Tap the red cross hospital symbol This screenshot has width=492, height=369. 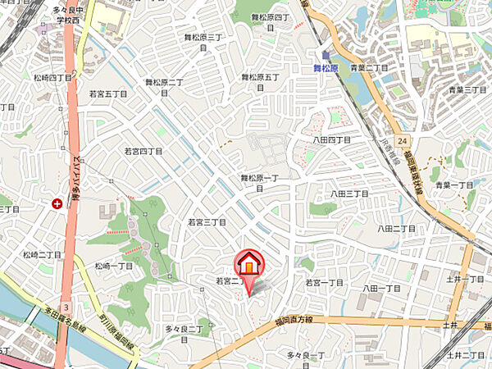tap(57, 203)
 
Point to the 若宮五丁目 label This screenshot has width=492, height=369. tap(109, 94)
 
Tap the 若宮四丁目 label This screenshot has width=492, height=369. tap(143, 152)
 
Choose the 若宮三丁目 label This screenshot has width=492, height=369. tap(206, 222)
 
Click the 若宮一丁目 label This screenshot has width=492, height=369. tap(324, 282)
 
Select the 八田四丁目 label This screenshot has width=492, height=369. tap(331, 140)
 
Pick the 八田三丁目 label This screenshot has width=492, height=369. tap(348, 194)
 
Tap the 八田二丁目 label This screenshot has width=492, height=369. tap(396, 229)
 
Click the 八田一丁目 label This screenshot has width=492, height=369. tap(381, 289)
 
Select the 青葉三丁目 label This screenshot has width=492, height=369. tap(468, 89)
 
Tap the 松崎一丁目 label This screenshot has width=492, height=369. tap(113, 266)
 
